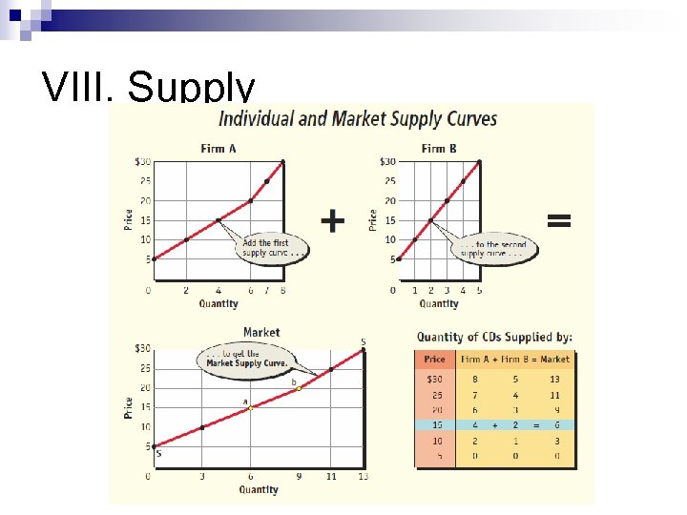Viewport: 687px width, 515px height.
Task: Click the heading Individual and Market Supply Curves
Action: pos(358,119)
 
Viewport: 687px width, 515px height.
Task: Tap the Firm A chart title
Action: pos(219,148)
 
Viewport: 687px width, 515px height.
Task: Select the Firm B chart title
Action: pos(439,148)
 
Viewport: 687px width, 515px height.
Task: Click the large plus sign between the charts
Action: pos(332,221)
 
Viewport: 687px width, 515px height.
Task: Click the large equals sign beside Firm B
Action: pos(558,220)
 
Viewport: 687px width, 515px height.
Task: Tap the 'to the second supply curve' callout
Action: pos(494,250)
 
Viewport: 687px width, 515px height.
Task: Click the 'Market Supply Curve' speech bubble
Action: pos(242,359)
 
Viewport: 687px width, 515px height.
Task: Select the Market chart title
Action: pos(260,332)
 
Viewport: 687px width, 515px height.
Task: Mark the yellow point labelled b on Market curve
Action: pos(299,388)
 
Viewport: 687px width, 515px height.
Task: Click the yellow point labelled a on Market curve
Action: pos(251,407)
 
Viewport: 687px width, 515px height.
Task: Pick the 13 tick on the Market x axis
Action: pos(363,476)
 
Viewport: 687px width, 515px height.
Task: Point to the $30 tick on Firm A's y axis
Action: pos(140,161)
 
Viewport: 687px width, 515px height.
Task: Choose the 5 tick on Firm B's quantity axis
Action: pos(479,290)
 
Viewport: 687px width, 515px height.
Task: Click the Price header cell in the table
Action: pos(434,360)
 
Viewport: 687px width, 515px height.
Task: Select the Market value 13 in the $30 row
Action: pos(554,379)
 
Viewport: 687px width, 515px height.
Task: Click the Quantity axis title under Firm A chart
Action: pos(219,304)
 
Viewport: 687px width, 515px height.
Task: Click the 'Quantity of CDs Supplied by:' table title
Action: pos(494,336)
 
